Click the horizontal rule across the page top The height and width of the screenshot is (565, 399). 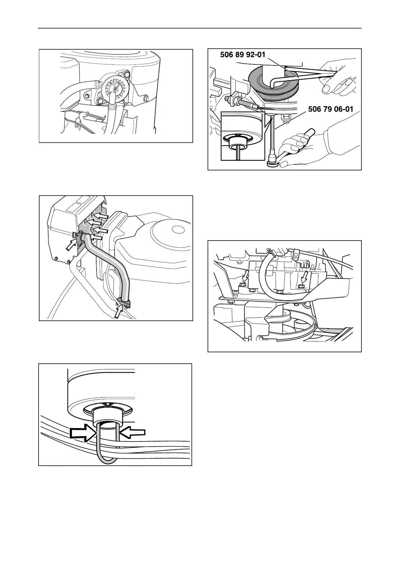(199, 29)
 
